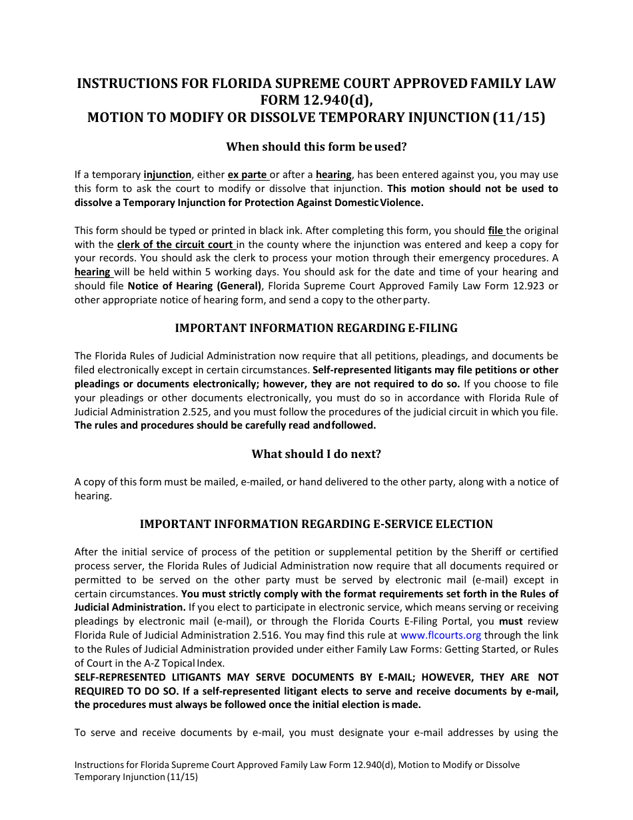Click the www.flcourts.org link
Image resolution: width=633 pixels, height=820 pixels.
tap(440, 635)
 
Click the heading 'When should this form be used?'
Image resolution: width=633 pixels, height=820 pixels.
tap(316, 146)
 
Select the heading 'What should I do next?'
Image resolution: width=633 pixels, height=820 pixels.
tap(316, 454)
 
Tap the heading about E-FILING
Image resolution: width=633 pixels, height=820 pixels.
tap(316, 328)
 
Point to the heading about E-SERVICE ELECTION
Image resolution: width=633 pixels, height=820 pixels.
tap(316, 524)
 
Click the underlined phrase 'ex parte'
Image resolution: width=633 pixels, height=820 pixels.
tap(247, 175)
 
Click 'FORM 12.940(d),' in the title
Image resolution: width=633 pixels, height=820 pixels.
tap(316, 101)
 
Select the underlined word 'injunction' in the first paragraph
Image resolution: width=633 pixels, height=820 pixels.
tap(167, 175)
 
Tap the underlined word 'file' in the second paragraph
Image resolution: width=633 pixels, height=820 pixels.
tap(496, 231)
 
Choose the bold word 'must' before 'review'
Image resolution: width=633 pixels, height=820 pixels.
tap(511, 621)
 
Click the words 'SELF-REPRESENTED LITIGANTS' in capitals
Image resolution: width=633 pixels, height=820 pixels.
tap(141, 677)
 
